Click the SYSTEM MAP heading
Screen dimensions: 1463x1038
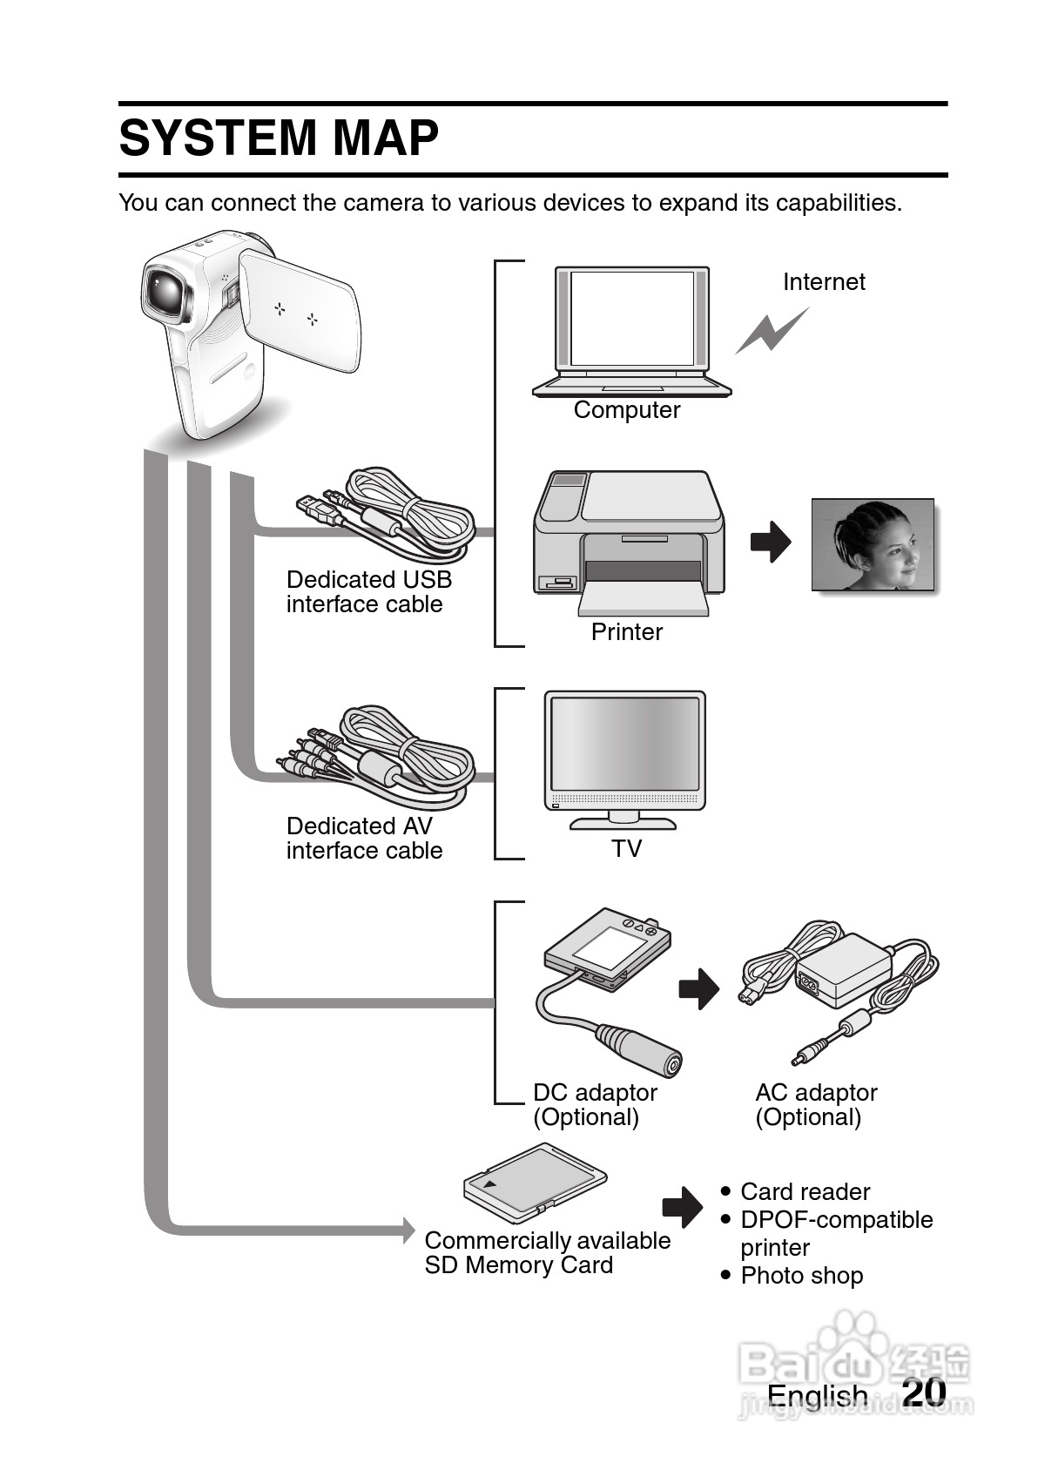click(279, 138)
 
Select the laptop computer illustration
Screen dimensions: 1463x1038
click(632, 331)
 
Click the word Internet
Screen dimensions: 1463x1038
click(823, 282)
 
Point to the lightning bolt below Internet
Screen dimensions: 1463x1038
click(771, 331)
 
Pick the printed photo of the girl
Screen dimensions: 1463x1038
click(873, 545)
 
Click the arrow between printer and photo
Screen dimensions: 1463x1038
click(771, 542)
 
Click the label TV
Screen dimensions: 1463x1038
click(626, 848)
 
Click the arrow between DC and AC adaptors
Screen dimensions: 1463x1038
click(698, 988)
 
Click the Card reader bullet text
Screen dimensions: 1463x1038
click(805, 1191)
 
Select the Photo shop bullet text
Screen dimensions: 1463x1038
click(801, 1276)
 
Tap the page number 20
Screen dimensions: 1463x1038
click(924, 1391)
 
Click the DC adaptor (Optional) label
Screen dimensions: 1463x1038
click(595, 1105)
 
